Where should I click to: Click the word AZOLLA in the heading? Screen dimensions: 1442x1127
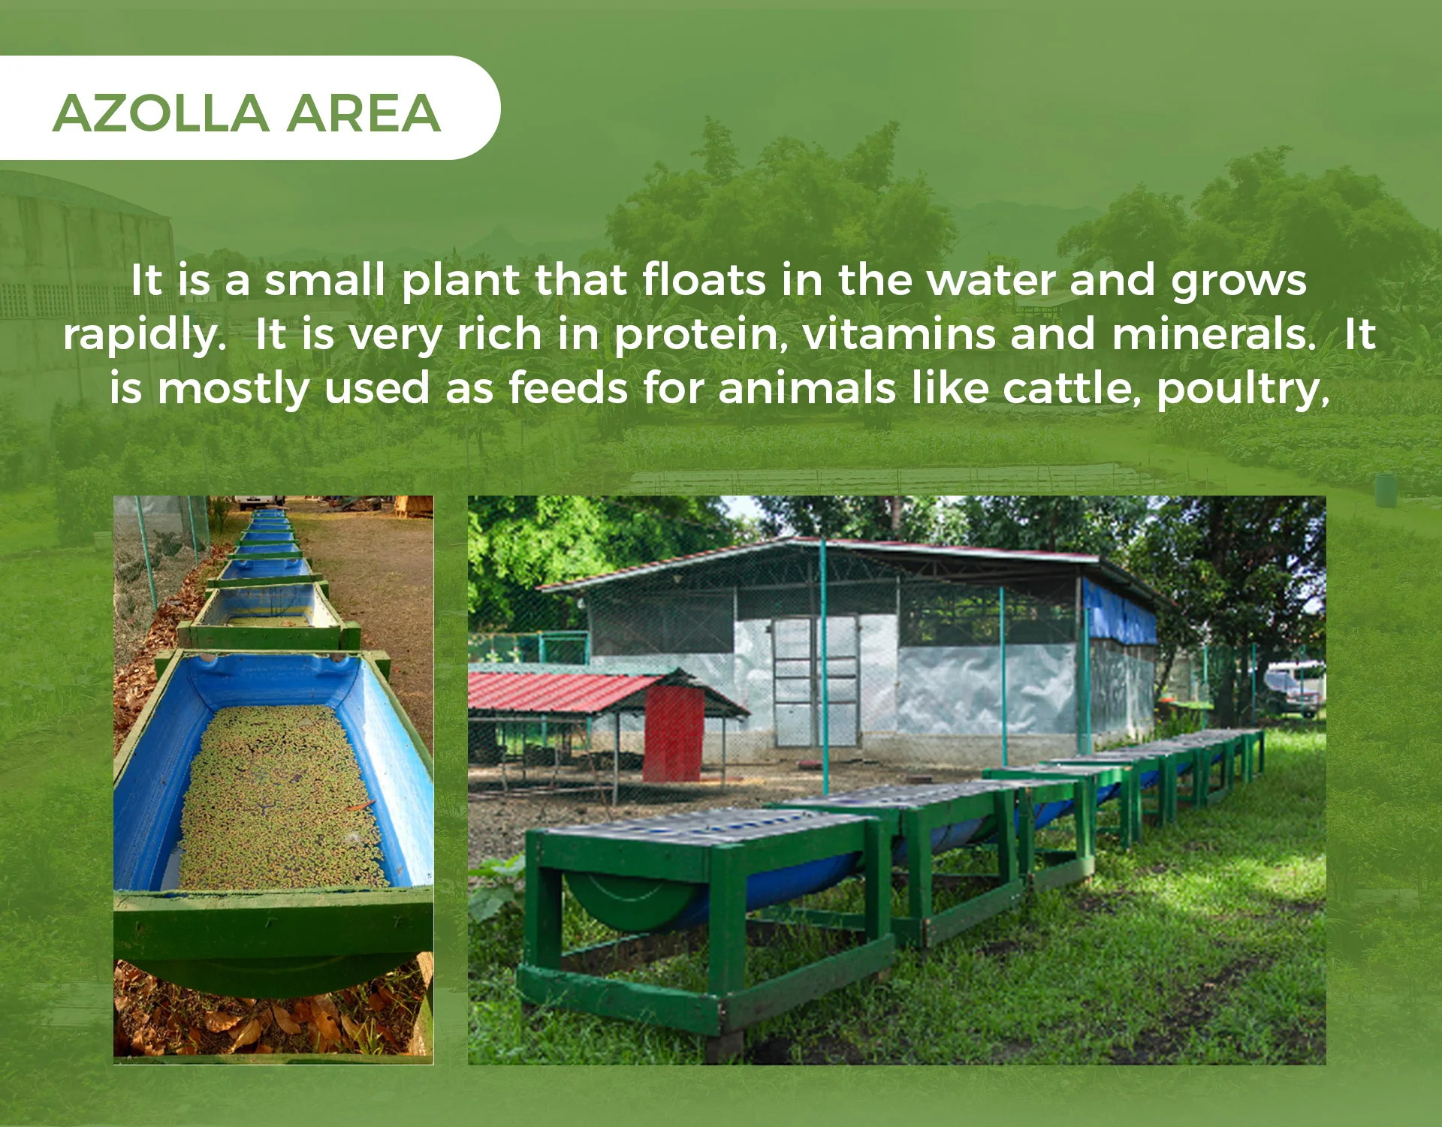(161, 113)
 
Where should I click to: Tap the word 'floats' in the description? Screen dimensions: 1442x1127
(704, 280)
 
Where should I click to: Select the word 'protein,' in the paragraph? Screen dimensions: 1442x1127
(701, 335)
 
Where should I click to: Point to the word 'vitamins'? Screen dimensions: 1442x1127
(899, 334)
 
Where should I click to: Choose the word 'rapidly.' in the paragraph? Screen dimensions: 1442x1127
(145, 336)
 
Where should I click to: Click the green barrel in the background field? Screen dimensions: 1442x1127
(1384, 490)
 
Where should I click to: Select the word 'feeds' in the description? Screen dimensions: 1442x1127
(569, 389)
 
